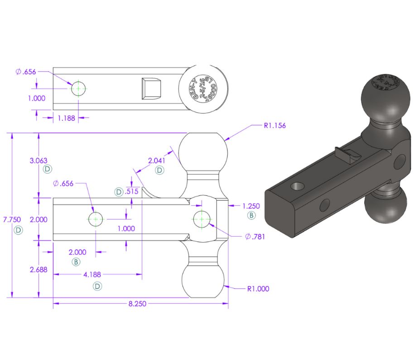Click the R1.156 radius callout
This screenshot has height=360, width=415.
tap(275, 125)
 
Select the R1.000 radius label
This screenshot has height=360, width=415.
tap(258, 288)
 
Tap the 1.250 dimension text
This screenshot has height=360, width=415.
tap(251, 206)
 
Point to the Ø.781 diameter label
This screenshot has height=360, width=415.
tap(253, 236)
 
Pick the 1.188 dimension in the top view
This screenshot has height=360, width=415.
tap(67, 117)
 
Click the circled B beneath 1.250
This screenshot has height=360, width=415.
tap(251, 216)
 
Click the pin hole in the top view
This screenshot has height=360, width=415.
tap(78, 88)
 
